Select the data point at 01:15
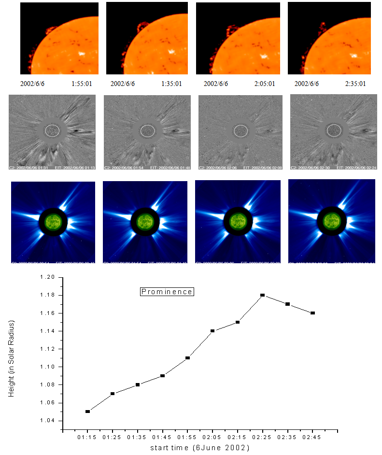87,412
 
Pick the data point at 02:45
313,313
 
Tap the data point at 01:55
187,358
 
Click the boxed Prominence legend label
167,292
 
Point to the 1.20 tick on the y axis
63,277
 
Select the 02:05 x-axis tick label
212,438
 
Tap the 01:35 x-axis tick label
137,438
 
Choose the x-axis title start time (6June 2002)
199,448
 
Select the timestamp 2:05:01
265,84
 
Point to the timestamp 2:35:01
355,84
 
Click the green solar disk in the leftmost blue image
52,222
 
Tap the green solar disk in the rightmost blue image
331,221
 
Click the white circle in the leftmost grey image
52,130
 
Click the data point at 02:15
238,322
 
